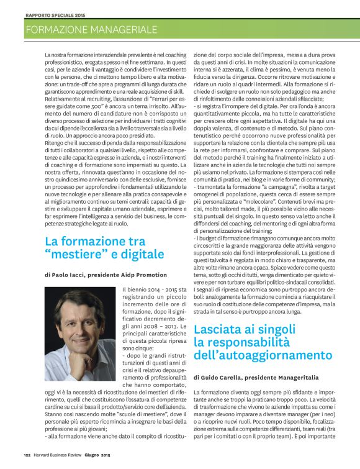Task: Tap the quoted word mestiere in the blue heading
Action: [73, 255]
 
